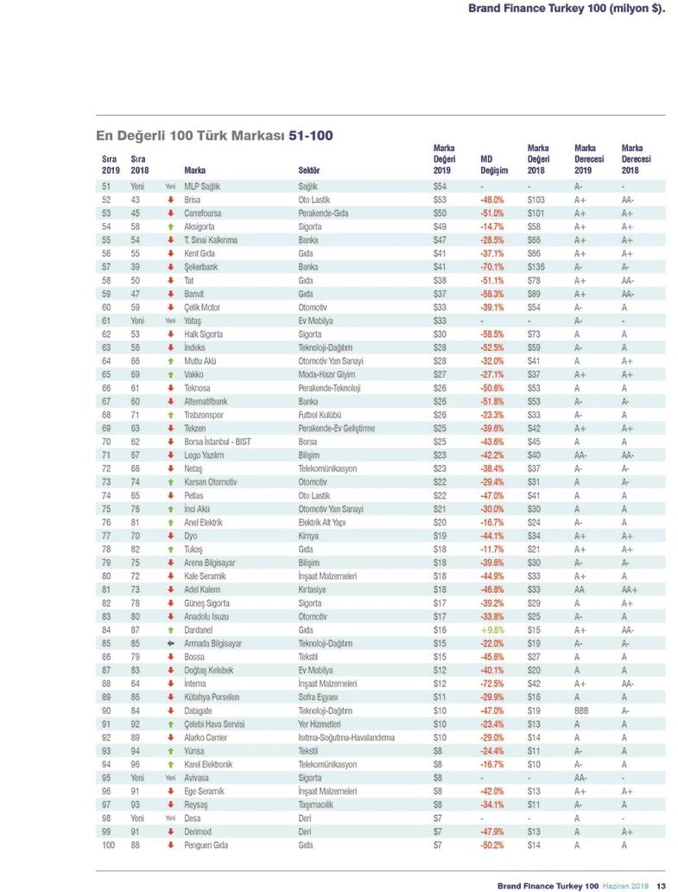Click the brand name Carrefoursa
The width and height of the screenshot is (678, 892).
pyautogui.click(x=202, y=213)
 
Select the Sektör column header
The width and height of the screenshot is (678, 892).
pyautogui.click(x=309, y=170)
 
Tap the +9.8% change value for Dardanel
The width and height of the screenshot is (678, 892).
pyautogui.click(x=492, y=630)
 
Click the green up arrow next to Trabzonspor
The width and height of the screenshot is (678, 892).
pyautogui.click(x=171, y=415)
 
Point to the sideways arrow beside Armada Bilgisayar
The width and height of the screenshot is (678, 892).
pyautogui.click(x=171, y=643)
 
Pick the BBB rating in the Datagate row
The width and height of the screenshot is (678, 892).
pyautogui.click(x=581, y=711)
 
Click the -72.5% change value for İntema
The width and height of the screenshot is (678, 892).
pyautogui.click(x=492, y=683)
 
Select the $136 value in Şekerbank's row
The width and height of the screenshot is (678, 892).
pyautogui.click(x=536, y=267)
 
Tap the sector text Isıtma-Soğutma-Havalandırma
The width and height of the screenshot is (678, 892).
pyautogui.click(x=346, y=738)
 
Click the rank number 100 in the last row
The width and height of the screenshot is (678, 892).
pyautogui.click(x=108, y=845)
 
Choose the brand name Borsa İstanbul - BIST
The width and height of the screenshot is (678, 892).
pyautogui.click(x=217, y=441)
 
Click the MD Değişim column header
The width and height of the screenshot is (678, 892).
pyautogui.click(x=494, y=164)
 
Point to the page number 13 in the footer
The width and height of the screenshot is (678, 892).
pyautogui.click(x=660, y=886)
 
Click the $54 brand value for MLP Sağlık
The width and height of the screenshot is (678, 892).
pyautogui.click(x=440, y=187)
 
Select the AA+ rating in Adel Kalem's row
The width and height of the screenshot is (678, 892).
pyautogui.click(x=629, y=590)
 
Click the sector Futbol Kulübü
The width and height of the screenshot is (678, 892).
pyautogui.click(x=320, y=415)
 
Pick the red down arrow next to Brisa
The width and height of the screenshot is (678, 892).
pyautogui.click(x=171, y=200)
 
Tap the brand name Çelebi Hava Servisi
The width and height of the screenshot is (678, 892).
pyautogui.click(x=214, y=724)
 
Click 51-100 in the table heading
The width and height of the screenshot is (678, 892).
pyautogui.click(x=311, y=136)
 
